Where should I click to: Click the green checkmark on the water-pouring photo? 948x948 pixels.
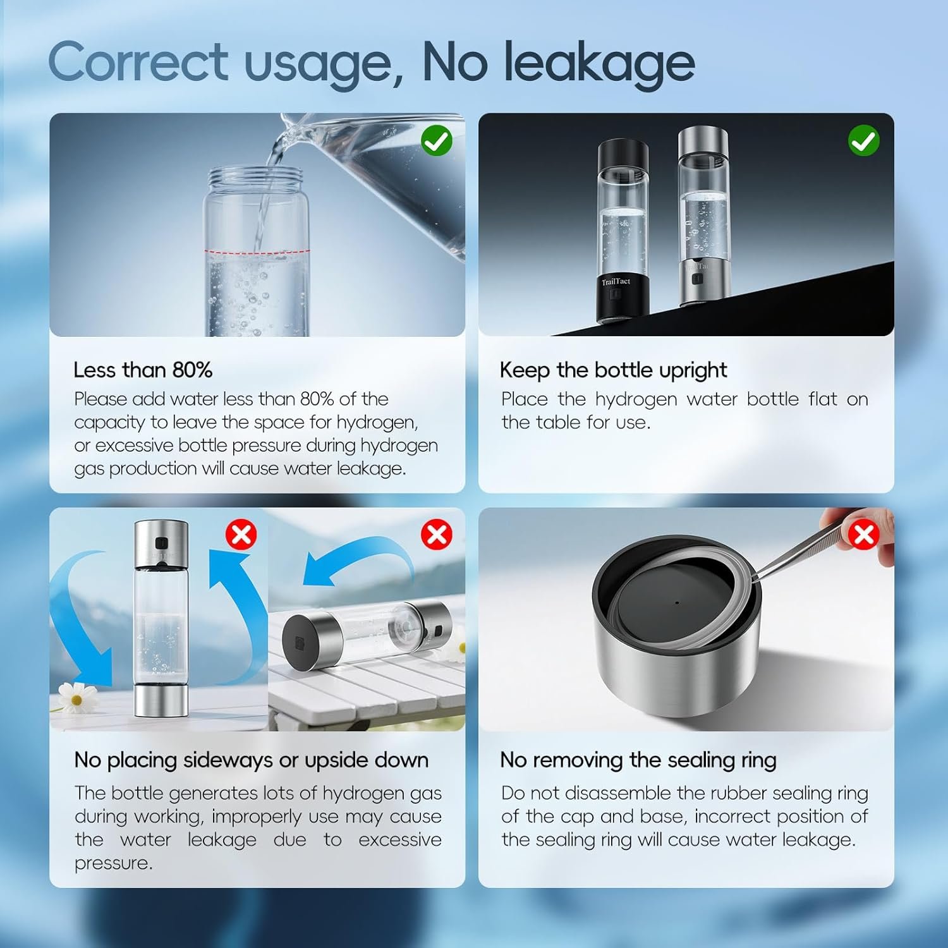click(x=437, y=140)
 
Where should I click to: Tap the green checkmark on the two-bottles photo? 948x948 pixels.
click(x=863, y=140)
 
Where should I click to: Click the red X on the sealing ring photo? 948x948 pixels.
click(x=863, y=535)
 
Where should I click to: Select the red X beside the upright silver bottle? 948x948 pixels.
click(x=241, y=535)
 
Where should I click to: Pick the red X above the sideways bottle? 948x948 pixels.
click(x=437, y=535)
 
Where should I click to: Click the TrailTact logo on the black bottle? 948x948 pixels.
click(x=616, y=281)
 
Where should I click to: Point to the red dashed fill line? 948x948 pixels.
click(x=257, y=252)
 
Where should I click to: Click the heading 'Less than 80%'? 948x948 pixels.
click(x=143, y=370)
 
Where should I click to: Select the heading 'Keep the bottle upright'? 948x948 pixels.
click(x=614, y=370)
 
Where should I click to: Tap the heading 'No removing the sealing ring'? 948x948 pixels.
click(x=638, y=760)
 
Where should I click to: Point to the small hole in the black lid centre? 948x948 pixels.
click(x=677, y=603)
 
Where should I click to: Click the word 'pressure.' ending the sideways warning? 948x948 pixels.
click(x=114, y=864)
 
